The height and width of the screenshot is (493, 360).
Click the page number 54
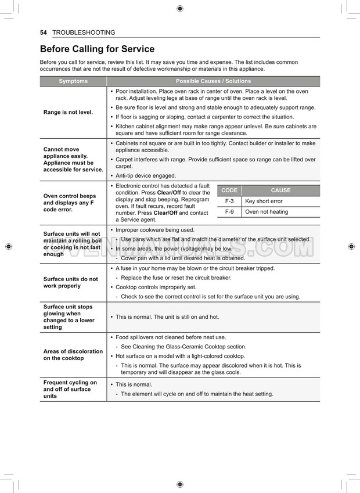tap(43, 33)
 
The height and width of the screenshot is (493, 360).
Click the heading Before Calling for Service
tap(97, 49)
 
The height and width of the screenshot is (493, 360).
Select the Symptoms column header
tap(73, 81)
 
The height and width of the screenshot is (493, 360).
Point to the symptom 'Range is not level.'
tap(68, 112)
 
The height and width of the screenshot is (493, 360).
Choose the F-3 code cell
tap(229, 201)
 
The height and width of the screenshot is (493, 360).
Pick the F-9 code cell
tap(229, 212)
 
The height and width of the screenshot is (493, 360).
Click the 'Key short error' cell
tap(264, 201)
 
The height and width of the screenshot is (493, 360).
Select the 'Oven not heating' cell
tap(267, 212)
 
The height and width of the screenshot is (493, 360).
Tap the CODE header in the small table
tap(229, 190)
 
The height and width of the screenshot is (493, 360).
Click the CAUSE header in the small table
tap(280, 190)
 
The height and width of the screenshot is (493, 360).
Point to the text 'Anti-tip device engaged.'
tap(146, 175)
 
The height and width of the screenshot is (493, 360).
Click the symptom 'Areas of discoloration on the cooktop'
tap(73, 355)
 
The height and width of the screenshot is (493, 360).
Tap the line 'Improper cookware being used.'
tap(155, 230)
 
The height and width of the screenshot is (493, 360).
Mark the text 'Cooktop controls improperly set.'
tap(156, 287)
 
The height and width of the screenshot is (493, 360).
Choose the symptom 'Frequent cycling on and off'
tap(70, 389)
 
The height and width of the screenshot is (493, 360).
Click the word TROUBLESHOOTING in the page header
tap(84, 33)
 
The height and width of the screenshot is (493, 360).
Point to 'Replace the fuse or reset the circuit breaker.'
tap(176, 278)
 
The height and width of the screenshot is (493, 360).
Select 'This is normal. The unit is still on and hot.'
tap(167, 317)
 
